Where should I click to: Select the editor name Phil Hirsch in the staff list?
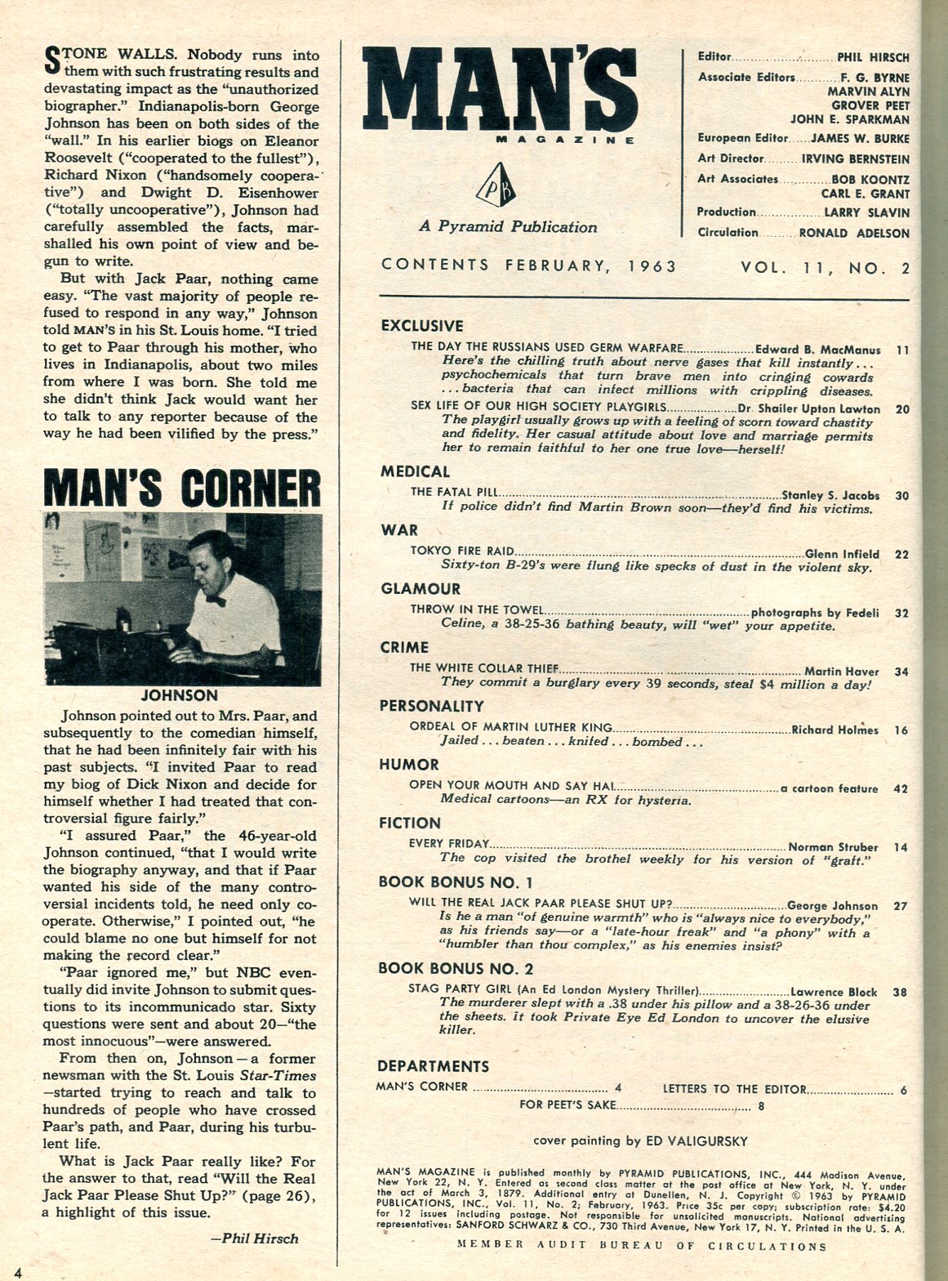[x=873, y=58]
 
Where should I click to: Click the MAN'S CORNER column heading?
[x=181, y=489]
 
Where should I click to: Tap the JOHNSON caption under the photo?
[x=180, y=695]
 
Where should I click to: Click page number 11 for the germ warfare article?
[x=902, y=349]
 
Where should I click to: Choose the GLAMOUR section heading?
[x=421, y=588]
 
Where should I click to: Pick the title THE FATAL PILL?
[x=455, y=494]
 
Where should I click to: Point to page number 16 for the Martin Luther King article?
[x=901, y=730]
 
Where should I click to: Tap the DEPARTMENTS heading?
[x=433, y=1066]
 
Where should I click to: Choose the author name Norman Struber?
[x=833, y=847]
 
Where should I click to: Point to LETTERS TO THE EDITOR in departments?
[x=734, y=1088]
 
